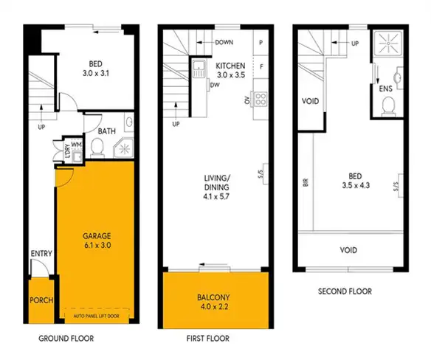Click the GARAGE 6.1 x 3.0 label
(x=94, y=241)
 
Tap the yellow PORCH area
(x=39, y=301)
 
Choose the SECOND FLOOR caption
(x=345, y=291)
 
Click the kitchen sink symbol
(x=198, y=72)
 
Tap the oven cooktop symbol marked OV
(x=260, y=98)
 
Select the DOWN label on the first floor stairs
(x=224, y=43)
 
